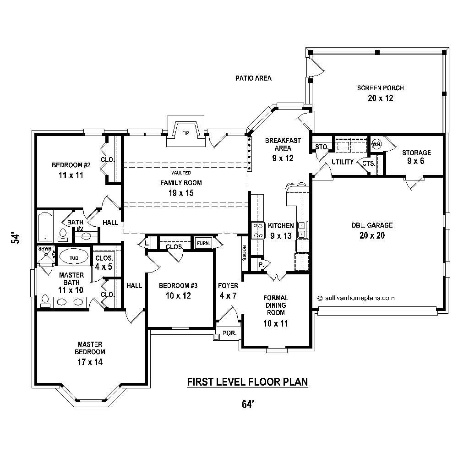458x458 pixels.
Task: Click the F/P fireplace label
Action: point(185,133)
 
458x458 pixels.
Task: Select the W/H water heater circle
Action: point(376,144)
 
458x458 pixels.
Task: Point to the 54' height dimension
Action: point(16,239)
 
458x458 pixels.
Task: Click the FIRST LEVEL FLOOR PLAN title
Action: point(247,382)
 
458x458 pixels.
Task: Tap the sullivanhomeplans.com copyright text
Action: point(356,297)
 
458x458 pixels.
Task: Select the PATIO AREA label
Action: point(253,78)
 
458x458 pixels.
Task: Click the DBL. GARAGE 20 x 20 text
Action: point(372,230)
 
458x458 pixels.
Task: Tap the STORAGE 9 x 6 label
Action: point(416,157)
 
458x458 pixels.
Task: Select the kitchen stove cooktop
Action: point(257,230)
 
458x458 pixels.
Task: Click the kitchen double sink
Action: point(302,230)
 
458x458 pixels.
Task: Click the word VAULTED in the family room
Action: point(181,173)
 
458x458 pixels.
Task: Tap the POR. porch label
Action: point(229,333)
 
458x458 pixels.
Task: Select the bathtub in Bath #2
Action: point(45,226)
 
